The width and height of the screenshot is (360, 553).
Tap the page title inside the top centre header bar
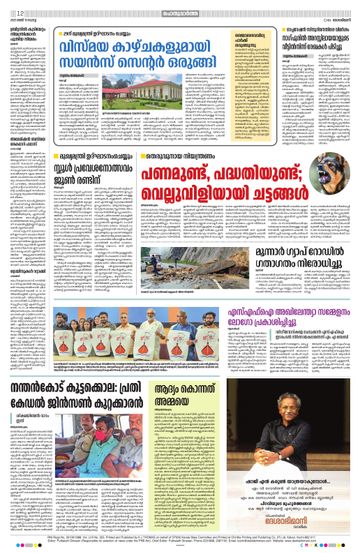(180, 7)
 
